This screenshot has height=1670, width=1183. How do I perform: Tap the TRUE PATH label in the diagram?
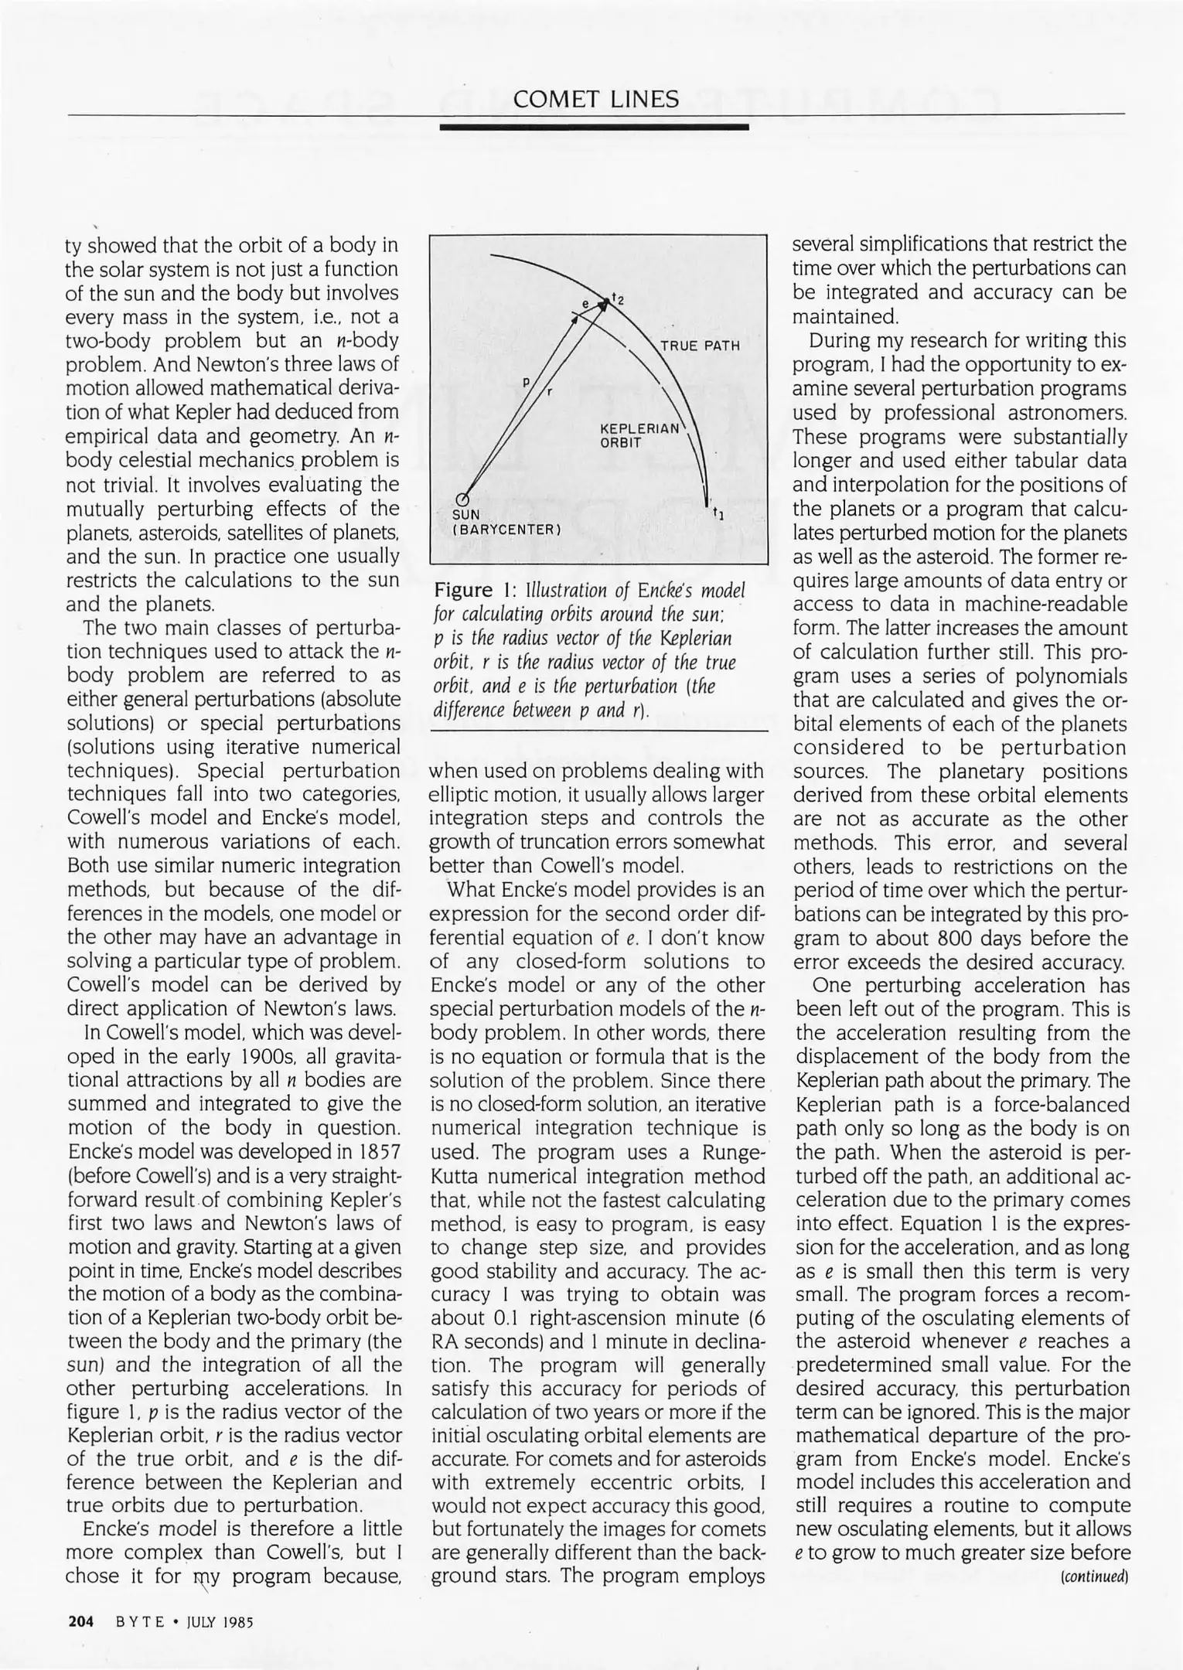pyautogui.click(x=700, y=346)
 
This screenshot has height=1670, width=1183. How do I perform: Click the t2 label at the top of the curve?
pyautogui.click(x=617, y=298)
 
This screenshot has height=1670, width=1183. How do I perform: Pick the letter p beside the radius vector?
pyautogui.click(x=526, y=381)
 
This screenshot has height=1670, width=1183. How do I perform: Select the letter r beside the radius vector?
pyautogui.click(x=549, y=391)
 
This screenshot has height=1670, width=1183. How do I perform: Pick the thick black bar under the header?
pyautogui.click(x=594, y=126)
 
